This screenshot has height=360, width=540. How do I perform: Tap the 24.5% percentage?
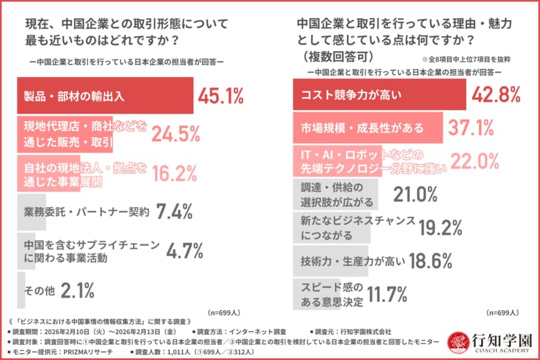[x=176, y=134]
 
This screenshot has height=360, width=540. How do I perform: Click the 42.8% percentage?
[x=496, y=95]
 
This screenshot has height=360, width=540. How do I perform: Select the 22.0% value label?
[x=475, y=161]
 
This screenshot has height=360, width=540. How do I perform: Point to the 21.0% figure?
[x=416, y=195]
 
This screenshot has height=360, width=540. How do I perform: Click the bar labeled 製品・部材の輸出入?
[x=104, y=96]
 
